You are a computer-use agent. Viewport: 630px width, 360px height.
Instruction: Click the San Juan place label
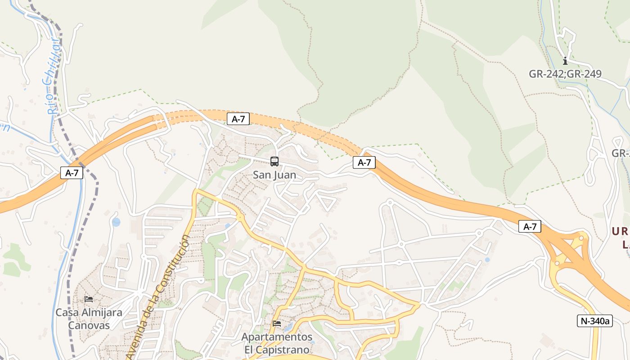(x=274, y=175)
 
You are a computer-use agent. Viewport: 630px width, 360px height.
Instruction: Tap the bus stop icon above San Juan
(x=274, y=161)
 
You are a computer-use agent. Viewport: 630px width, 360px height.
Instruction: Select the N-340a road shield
(x=594, y=321)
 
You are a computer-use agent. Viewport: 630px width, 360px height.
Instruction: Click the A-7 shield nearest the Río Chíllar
(x=72, y=173)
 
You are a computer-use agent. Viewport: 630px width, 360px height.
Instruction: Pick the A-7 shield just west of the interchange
(x=530, y=227)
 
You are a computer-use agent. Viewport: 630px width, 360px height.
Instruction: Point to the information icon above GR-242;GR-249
(x=565, y=61)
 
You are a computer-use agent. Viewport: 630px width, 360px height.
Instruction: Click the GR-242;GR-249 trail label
(x=565, y=74)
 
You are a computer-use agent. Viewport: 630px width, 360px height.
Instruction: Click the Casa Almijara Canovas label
(x=89, y=319)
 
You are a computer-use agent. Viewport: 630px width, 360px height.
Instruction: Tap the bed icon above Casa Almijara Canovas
(x=89, y=299)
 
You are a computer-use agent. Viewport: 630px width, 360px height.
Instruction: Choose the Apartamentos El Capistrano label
(x=277, y=343)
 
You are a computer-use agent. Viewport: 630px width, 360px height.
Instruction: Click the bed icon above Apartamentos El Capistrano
(x=277, y=323)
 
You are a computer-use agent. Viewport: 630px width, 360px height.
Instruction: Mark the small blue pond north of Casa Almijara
(x=116, y=222)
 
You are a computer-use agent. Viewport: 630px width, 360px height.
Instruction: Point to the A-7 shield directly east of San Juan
(x=364, y=162)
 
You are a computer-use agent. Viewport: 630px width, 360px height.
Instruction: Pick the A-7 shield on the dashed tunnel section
(x=238, y=119)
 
